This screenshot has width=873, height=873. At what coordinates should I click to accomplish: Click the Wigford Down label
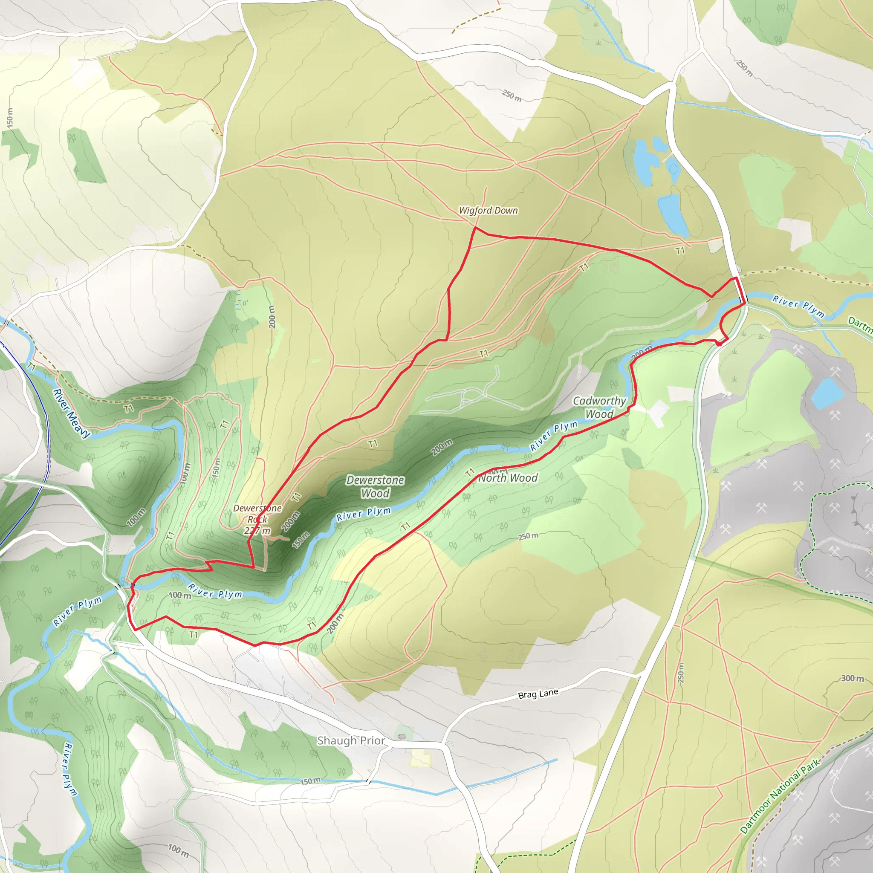pos(488,211)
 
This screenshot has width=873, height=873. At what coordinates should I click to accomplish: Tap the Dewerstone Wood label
pos(375,487)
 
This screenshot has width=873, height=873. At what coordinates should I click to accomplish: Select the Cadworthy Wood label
pos(599,407)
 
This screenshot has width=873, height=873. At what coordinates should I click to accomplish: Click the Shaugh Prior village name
pos(351,740)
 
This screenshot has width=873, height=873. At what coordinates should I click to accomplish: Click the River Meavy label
pos(71,413)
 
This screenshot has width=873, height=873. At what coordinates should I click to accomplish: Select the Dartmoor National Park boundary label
pos(780,796)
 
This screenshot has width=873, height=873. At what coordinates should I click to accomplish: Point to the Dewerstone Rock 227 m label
pos(257,519)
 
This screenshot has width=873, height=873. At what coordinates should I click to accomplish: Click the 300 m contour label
pos(852,678)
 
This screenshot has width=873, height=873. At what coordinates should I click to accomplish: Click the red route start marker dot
pos(719,344)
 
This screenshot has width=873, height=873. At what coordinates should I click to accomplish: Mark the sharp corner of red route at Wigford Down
pos(475,228)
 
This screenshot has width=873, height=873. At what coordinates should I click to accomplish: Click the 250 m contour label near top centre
pos(512,95)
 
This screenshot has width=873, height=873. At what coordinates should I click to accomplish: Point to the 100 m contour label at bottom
pos(179,850)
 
